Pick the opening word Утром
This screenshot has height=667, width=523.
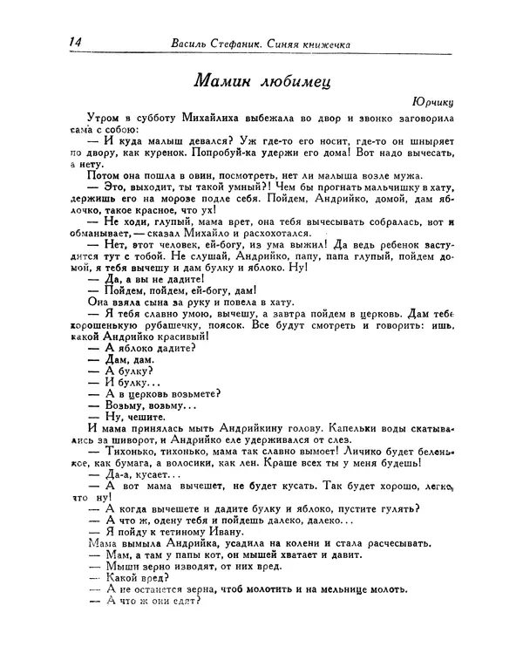coord(105,117)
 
